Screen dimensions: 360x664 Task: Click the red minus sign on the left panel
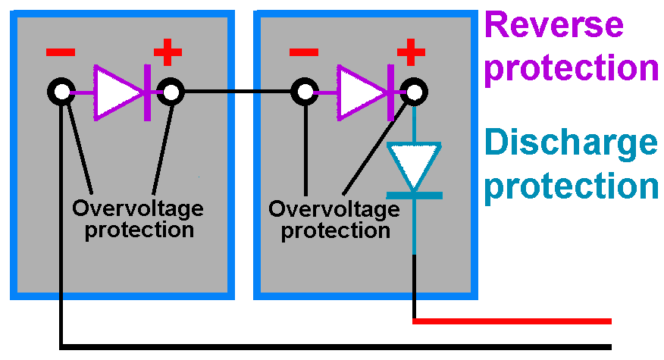point(61,53)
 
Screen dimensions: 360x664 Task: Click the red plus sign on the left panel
point(168,54)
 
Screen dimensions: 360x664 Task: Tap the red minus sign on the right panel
point(304,53)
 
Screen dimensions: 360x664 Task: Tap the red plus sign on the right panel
point(411,54)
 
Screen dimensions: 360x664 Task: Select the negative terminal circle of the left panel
point(61,93)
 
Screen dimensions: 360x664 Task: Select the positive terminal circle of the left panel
point(170,93)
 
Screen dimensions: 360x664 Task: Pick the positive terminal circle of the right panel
point(414,93)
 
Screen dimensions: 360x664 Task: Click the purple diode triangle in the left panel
point(116,93)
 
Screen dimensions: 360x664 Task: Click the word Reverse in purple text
point(554,26)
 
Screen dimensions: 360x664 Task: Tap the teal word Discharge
point(571,144)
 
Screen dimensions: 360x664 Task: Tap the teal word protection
point(571,186)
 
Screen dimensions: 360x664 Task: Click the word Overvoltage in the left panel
point(138,208)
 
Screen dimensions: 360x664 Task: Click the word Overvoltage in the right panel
point(334,208)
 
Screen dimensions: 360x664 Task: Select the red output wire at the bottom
point(515,321)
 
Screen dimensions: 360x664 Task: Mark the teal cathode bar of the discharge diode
point(414,196)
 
